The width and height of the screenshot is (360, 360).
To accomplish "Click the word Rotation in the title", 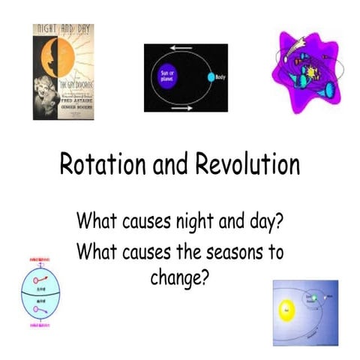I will (x=97, y=164).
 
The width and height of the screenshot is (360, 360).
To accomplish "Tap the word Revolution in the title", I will (x=243, y=164).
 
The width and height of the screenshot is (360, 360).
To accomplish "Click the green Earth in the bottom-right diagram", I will (x=317, y=297).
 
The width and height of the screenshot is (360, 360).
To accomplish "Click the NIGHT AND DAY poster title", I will (x=64, y=32).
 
